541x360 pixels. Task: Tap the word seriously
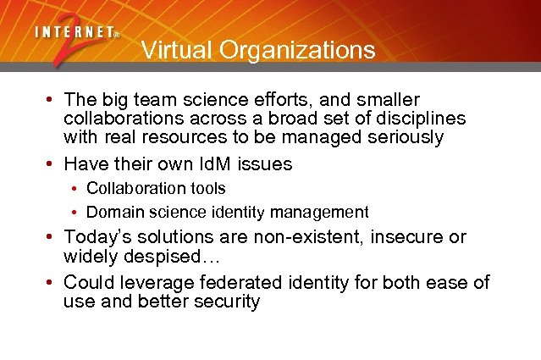coord(401,137)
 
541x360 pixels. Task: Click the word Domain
coord(113,212)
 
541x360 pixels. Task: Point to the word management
coord(327,212)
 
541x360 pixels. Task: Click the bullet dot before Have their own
coord(51,164)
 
